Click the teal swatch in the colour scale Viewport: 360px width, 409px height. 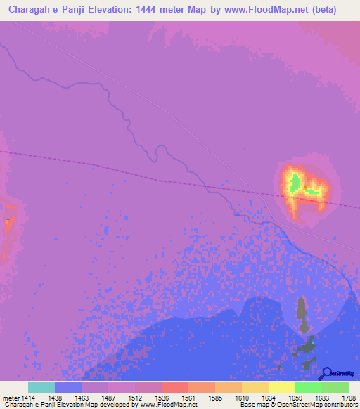[41, 387]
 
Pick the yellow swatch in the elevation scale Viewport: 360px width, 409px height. [281, 387]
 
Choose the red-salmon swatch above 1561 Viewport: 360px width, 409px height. [174, 387]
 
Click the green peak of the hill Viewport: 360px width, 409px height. [295, 182]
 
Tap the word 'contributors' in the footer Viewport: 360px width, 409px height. [338, 405]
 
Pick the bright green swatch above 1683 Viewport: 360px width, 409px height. [308, 387]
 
